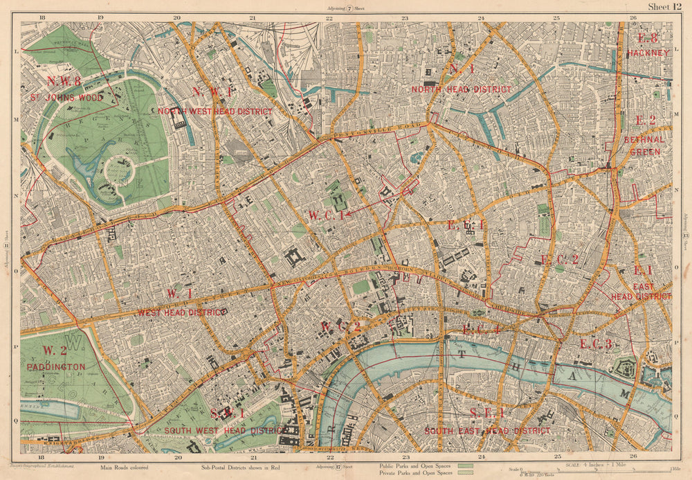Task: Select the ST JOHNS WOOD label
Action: pyautogui.click(x=66, y=98)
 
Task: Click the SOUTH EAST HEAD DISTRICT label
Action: pyautogui.click(x=488, y=431)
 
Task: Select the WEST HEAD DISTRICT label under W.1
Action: pyautogui.click(x=182, y=312)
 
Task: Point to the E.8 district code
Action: pyautogui.click(x=648, y=39)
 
